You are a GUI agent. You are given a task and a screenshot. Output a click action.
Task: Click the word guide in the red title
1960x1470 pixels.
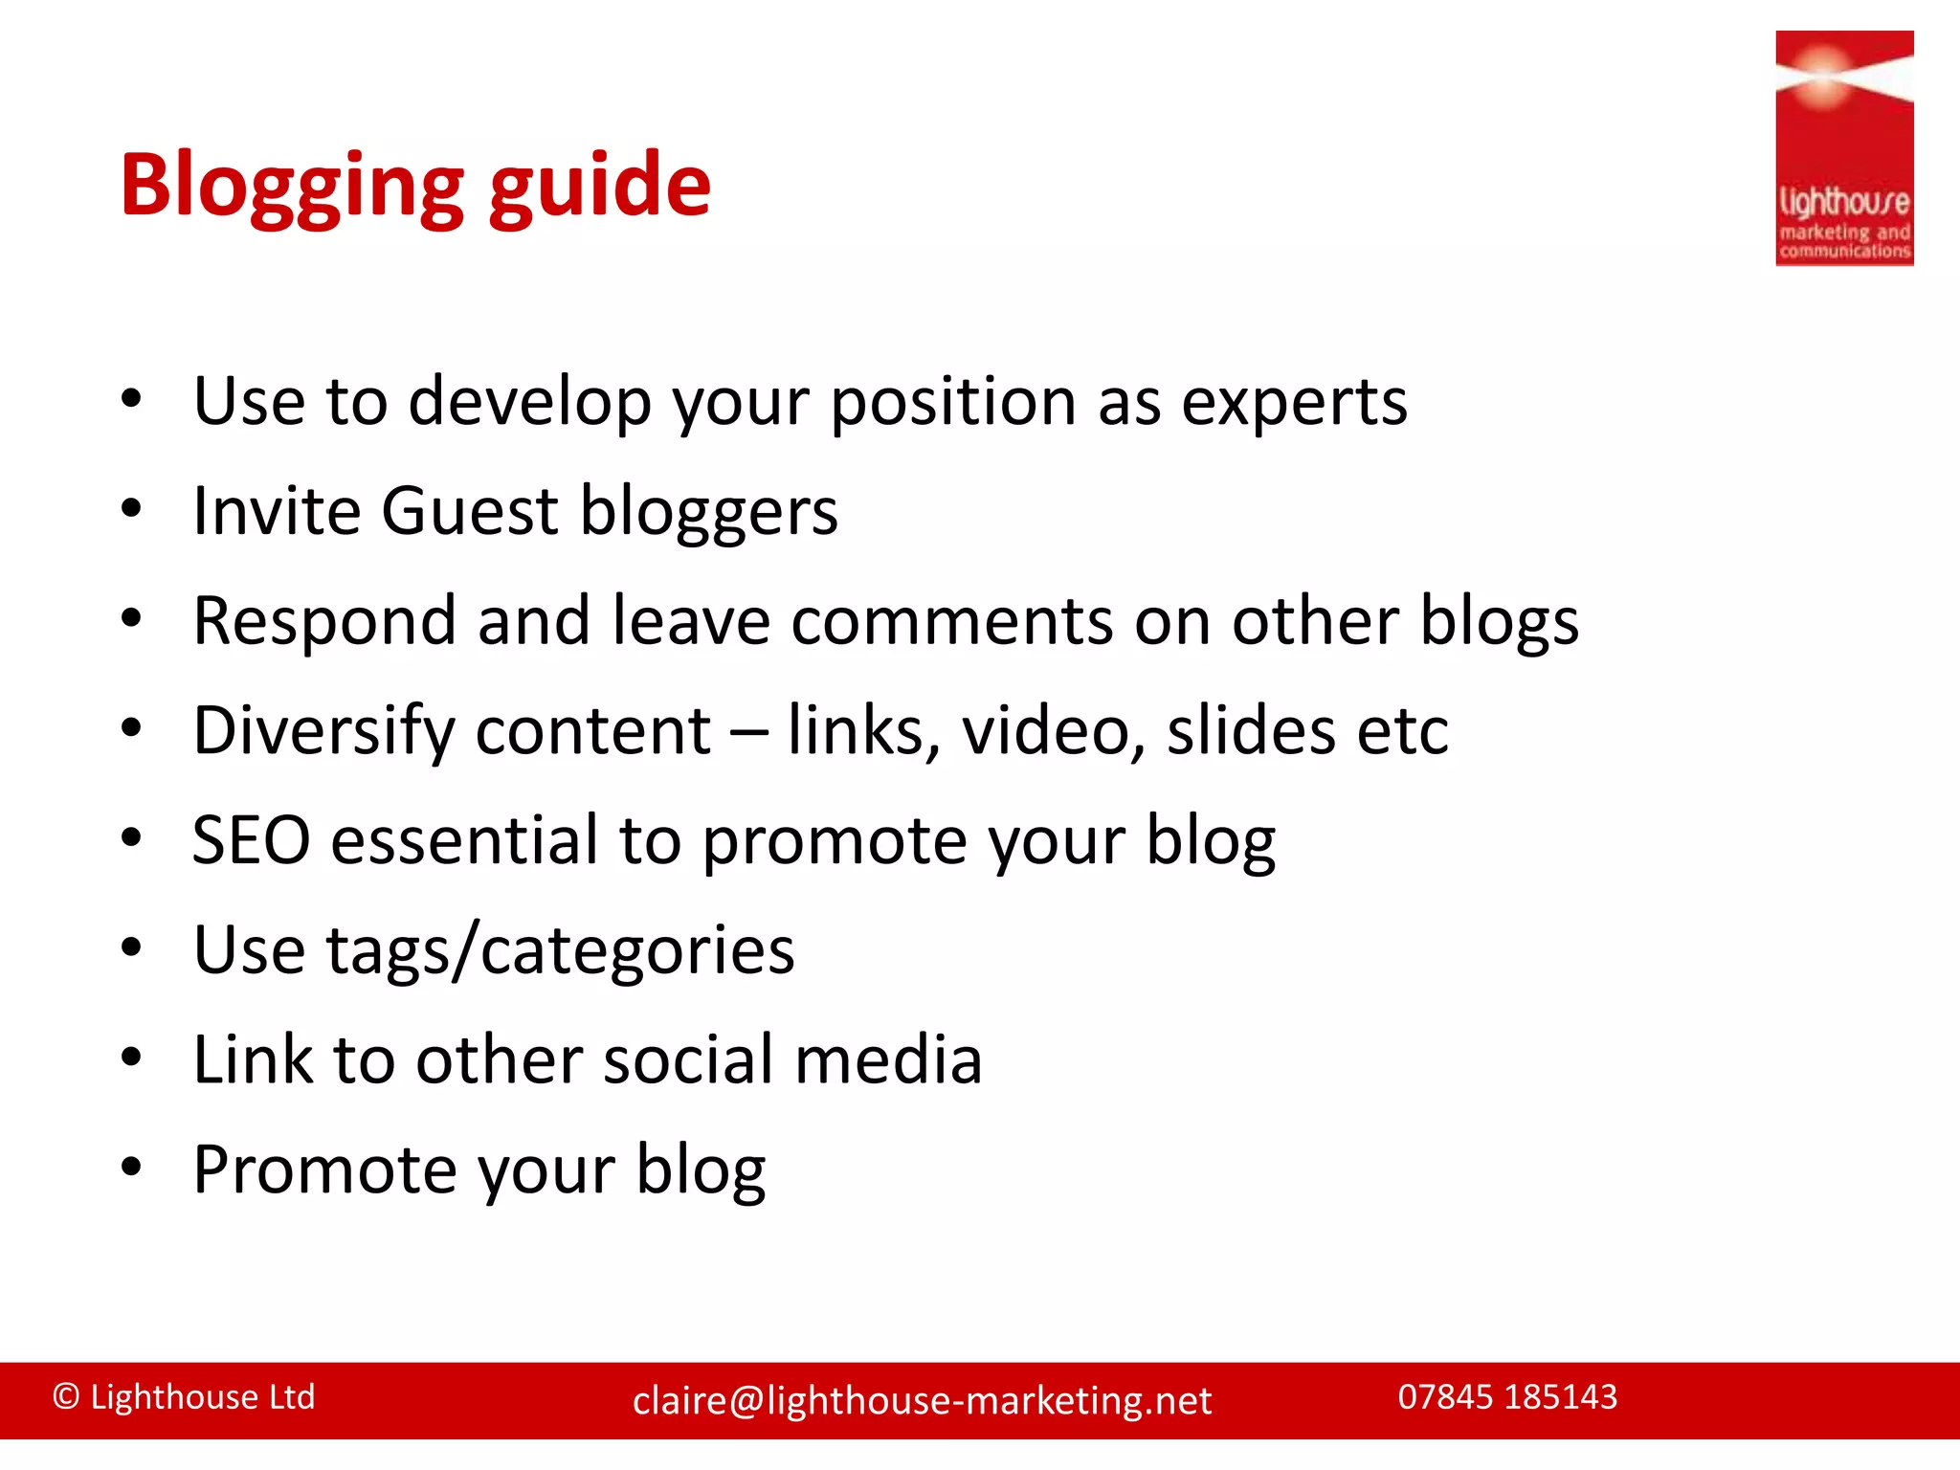pos(600,187)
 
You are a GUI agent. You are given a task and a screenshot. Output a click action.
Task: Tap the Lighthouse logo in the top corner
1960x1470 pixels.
pos(1843,148)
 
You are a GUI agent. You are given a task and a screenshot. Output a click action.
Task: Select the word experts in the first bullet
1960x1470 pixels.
pos(1294,402)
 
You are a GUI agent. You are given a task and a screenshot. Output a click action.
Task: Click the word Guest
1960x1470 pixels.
pos(469,511)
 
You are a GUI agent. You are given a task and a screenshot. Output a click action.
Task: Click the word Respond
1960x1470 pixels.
pos(323,622)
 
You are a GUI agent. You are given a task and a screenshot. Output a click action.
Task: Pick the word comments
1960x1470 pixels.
pos(951,622)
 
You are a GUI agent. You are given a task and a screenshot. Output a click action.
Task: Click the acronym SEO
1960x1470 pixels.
pos(251,841)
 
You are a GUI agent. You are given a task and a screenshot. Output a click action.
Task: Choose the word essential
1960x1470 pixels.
pos(464,841)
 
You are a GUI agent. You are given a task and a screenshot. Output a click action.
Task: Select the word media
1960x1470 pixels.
pos(888,1060)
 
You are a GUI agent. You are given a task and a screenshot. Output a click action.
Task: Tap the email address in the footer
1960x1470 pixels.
pos(922,1401)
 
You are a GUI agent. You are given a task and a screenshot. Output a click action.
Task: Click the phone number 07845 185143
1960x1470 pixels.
pos(1507,1397)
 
